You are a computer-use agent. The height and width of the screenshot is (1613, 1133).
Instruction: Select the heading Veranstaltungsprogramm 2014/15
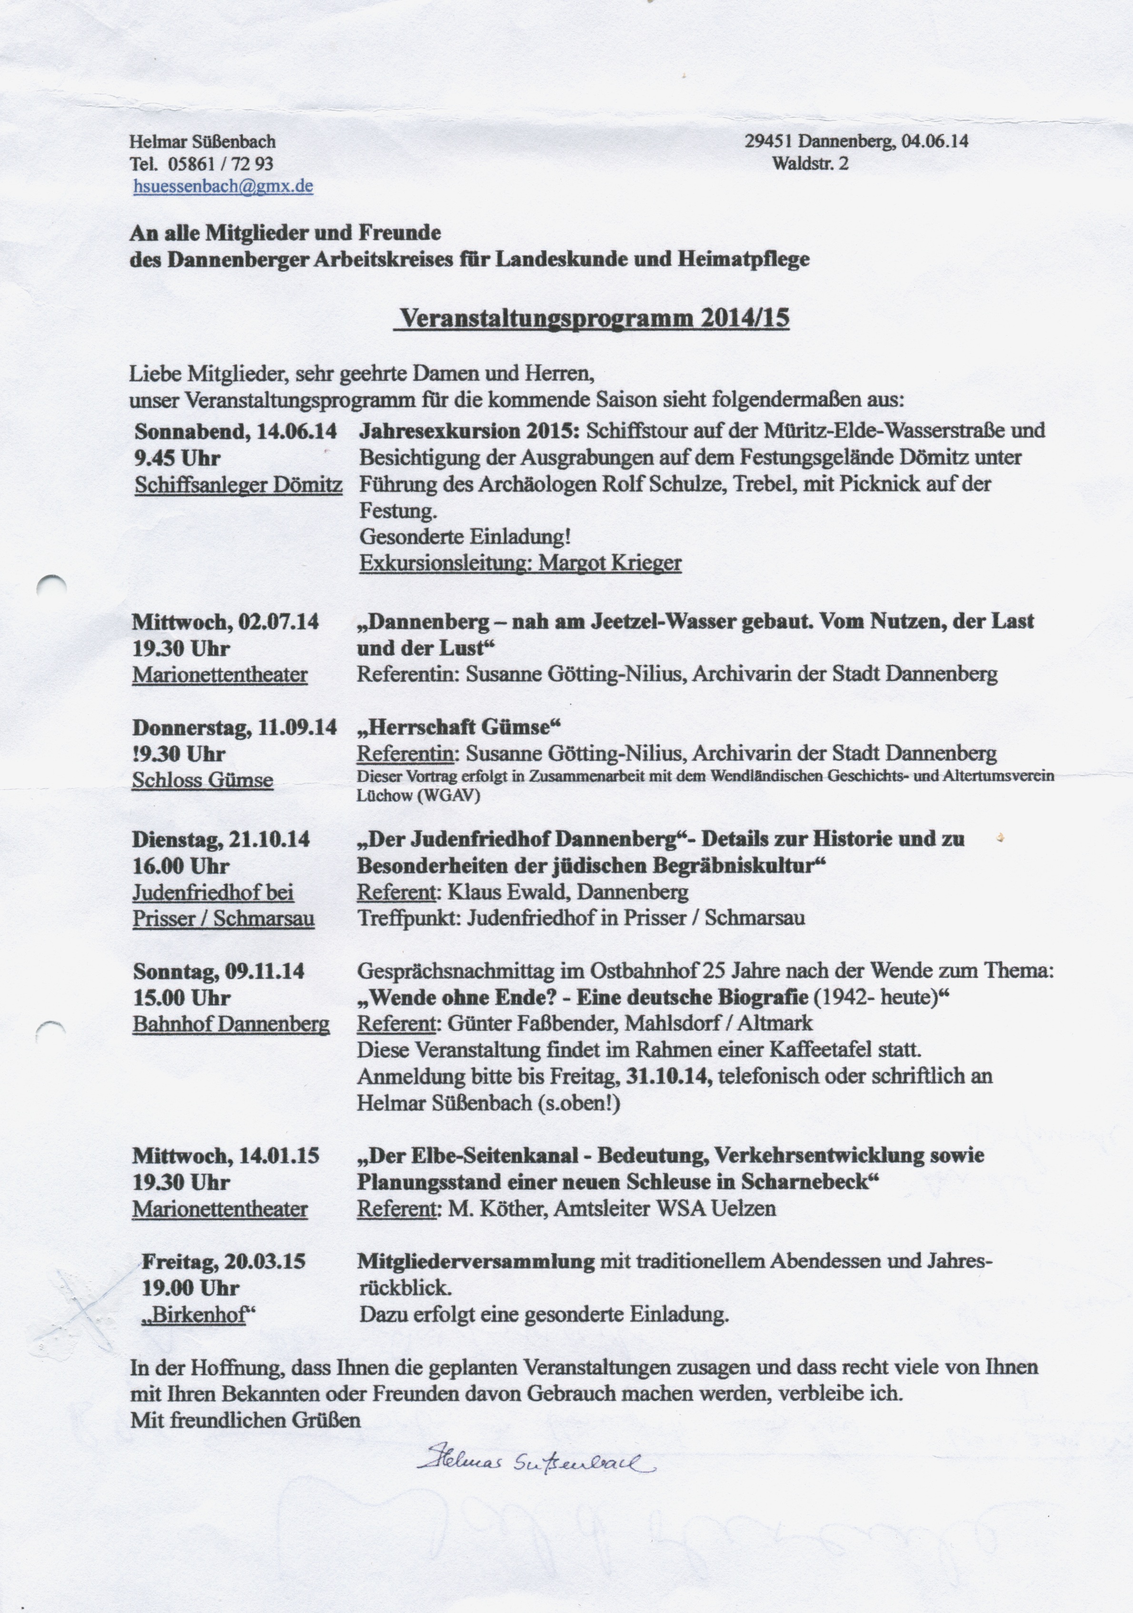point(594,318)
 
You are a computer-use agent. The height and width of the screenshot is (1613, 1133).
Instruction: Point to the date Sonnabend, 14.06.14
point(235,431)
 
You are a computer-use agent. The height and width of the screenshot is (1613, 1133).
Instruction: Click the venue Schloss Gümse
point(202,780)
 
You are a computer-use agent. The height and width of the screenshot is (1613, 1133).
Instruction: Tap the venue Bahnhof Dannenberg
point(231,1024)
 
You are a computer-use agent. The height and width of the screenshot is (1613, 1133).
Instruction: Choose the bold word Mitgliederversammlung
point(476,1262)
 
